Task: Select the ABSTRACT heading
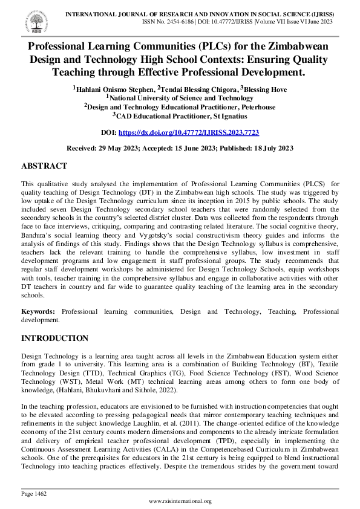pyautogui.click(x=44, y=166)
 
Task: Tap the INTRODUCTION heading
pyautogui.click(x=54, y=338)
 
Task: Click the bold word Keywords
pyautogui.click(x=39, y=311)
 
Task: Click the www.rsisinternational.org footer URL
pyautogui.click(x=180, y=501)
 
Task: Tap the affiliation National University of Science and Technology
pyautogui.click(x=182, y=98)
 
